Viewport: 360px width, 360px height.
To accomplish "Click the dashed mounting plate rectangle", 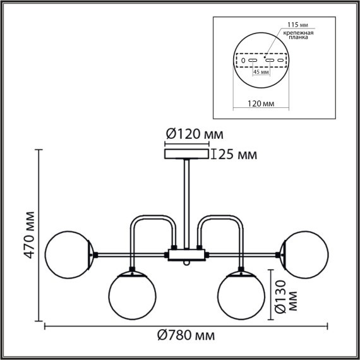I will (261, 61).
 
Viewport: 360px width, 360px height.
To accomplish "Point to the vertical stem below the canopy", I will (186, 202).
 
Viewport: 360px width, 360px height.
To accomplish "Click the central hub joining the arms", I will (186, 255).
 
